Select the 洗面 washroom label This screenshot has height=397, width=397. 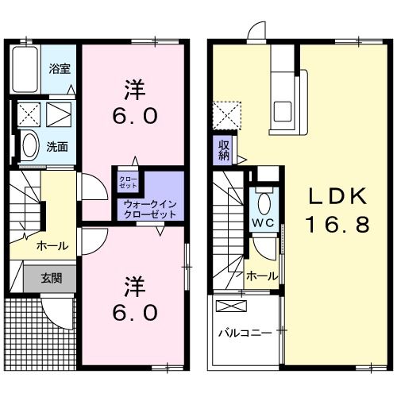56,146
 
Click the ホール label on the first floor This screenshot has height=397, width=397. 52,245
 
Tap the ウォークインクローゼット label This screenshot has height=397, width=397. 149,210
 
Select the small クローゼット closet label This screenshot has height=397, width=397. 128,182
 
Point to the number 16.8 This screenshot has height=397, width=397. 337,225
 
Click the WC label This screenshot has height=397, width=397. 264,222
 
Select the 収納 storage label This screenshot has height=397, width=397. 224,149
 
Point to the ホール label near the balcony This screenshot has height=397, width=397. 262,276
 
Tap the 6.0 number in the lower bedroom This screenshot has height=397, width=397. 134,311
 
